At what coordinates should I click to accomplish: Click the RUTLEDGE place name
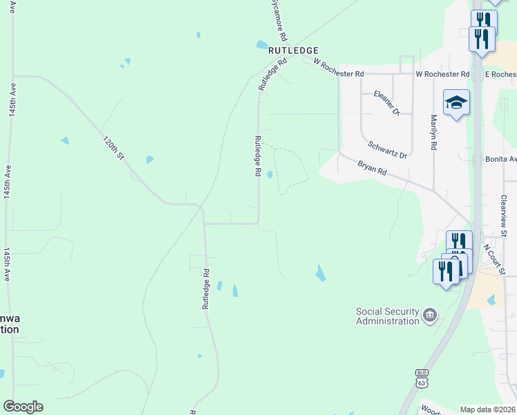(x=294, y=50)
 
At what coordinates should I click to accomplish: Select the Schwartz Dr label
(x=388, y=150)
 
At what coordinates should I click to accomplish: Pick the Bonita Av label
(x=501, y=159)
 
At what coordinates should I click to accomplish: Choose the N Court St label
(x=495, y=258)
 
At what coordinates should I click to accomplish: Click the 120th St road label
(x=113, y=148)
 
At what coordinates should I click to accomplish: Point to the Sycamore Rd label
(x=278, y=21)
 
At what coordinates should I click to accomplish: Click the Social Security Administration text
(x=387, y=316)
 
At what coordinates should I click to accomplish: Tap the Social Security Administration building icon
(x=430, y=315)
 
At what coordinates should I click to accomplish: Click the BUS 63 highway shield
(x=422, y=377)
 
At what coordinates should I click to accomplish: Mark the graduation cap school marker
(x=456, y=104)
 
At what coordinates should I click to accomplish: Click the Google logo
(x=23, y=407)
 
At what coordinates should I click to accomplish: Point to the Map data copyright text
(x=488, y=409)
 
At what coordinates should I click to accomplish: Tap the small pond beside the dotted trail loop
(x=270, y=174)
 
